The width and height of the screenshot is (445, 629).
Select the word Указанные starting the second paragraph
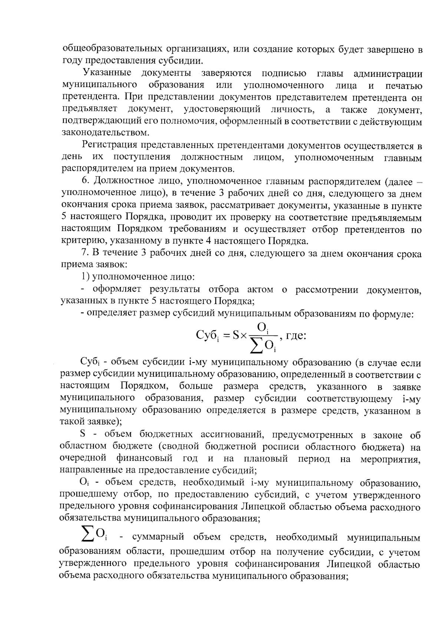pyautogui.click(x=107, y=73)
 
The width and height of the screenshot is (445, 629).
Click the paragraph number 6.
pyautogui.click(x=85, y=182)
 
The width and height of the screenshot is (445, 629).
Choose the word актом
pyautogui.click(x=259, y=289)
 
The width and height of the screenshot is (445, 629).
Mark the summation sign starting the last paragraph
pyautogui.click(x=88, y=533)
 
